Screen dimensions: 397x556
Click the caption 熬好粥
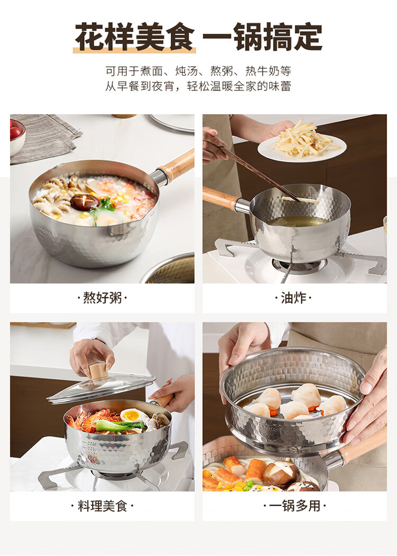click(x=102, y=297)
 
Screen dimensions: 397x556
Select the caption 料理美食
click(x=102, y=506)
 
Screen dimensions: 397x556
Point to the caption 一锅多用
click(x=294, y=506)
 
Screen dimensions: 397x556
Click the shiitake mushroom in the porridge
click(x=85, y=202)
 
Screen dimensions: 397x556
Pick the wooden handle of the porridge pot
click(x=177, y=166)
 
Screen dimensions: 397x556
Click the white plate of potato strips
click(x=302, y=148)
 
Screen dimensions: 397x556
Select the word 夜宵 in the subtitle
click(x=163, y=86)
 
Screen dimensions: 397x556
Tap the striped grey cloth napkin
click(x=46, y=138)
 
